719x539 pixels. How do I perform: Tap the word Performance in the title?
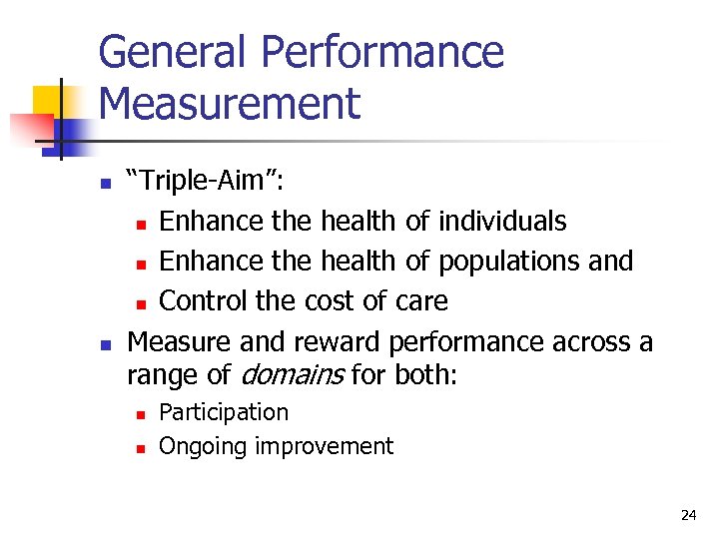point(393,52)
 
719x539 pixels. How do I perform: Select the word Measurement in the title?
point(230,104)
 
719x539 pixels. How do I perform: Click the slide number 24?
point(688,515)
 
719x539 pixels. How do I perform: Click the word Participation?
point(224,412)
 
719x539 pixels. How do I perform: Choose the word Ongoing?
point(203,446)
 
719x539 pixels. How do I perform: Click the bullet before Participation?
point(140,413)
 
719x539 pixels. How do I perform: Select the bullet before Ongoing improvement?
point(140,447)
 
